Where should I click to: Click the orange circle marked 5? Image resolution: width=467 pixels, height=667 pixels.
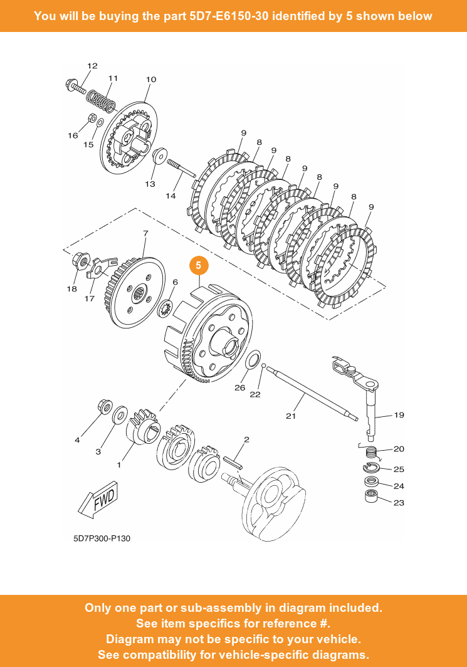pyautogui.click(x=199, y=265)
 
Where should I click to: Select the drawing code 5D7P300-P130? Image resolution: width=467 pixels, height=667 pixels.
pyautogui.click(x=102, y=538)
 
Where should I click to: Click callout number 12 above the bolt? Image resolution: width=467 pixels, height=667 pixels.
pyautogui.click(x=92, y=66)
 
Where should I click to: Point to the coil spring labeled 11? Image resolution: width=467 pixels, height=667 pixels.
pyautogui.click(x=101, y=98)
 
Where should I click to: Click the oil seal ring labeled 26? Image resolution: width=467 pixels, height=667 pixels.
pyautogui.click(x=253, y=361)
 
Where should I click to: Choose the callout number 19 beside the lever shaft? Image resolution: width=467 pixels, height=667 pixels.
pyautogui.click(x=399, y=414)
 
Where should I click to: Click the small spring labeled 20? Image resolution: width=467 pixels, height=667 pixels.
pyautogui.click(x=372, y=451)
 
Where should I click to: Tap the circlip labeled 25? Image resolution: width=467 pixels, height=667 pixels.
pyautogui.click(x=372, y=467)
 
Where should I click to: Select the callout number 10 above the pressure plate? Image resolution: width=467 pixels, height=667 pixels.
pyautogui.click(x=151, y=80)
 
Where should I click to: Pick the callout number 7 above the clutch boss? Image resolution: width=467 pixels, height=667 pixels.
pyautogui.click(x=145, y=233)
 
